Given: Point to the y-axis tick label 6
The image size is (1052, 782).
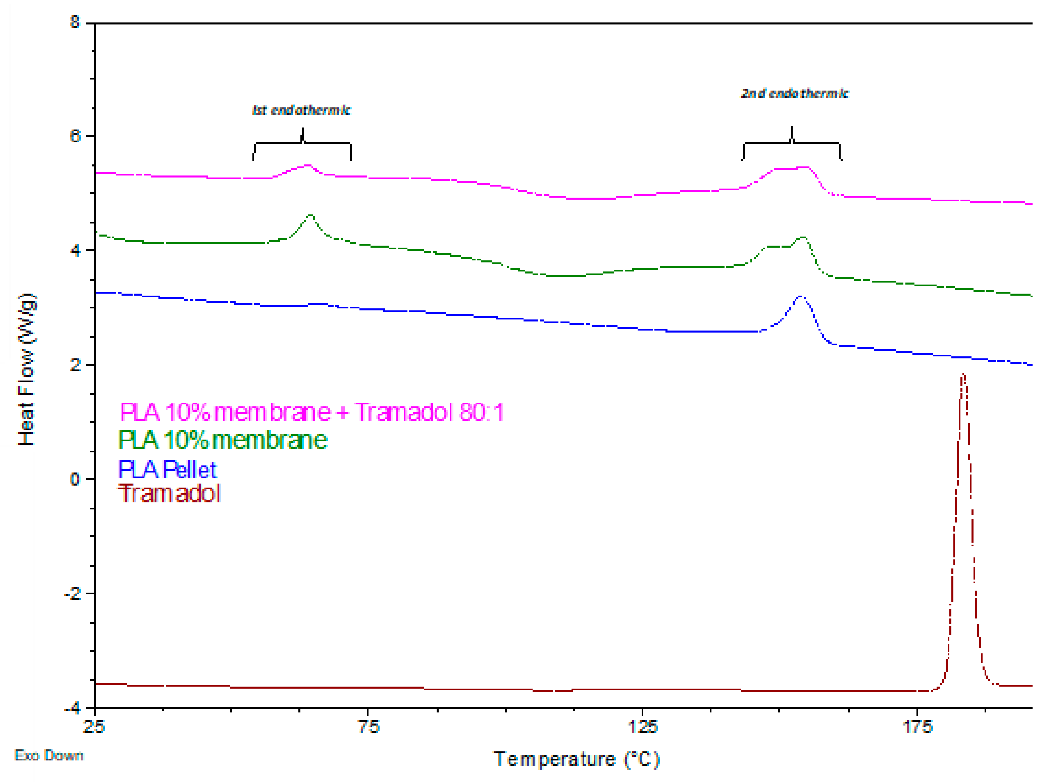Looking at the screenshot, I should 75,136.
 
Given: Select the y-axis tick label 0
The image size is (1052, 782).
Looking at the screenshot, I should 75,479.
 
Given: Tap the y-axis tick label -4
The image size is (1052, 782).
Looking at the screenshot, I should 72,708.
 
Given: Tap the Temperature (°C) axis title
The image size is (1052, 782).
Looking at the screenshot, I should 576,759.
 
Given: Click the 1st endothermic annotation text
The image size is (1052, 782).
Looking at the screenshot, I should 301,110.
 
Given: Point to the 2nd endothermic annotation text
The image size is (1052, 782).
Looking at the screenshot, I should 795,93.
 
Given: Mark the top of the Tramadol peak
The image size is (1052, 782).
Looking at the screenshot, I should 963,375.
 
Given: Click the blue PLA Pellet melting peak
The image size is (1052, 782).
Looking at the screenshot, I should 800,297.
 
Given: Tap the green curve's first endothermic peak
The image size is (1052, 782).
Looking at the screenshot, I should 311,215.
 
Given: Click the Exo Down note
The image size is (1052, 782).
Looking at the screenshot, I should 49,756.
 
